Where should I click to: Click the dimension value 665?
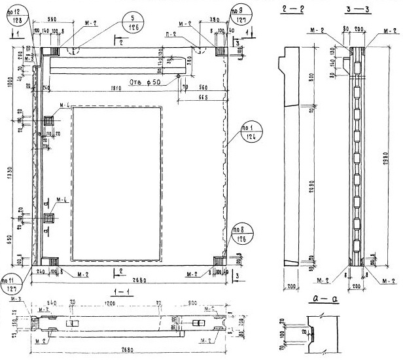pyautogui.click(x=203, y=98)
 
